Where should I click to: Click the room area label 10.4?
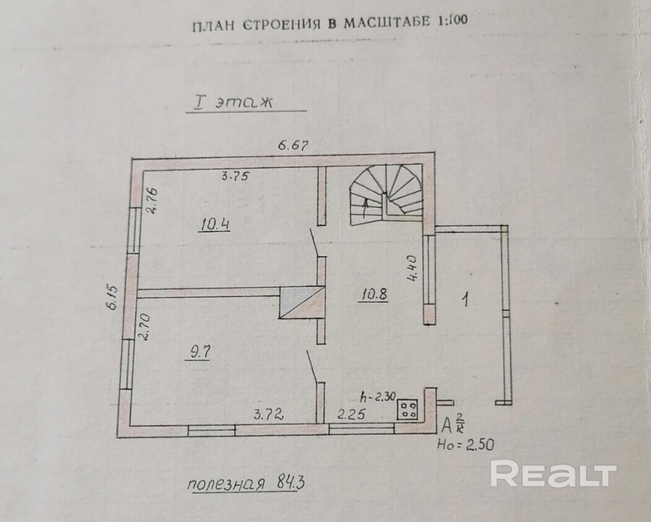215,225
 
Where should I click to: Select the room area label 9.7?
200,352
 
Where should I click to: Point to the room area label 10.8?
374,295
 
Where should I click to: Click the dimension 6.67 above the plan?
293,146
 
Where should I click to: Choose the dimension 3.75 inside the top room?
235,176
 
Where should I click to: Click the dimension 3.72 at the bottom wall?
268,415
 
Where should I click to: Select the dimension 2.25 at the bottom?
351,415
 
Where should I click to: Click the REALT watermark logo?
553,474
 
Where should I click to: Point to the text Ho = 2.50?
466,444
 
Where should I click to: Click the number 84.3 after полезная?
286,483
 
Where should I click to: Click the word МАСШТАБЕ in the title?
379,23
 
